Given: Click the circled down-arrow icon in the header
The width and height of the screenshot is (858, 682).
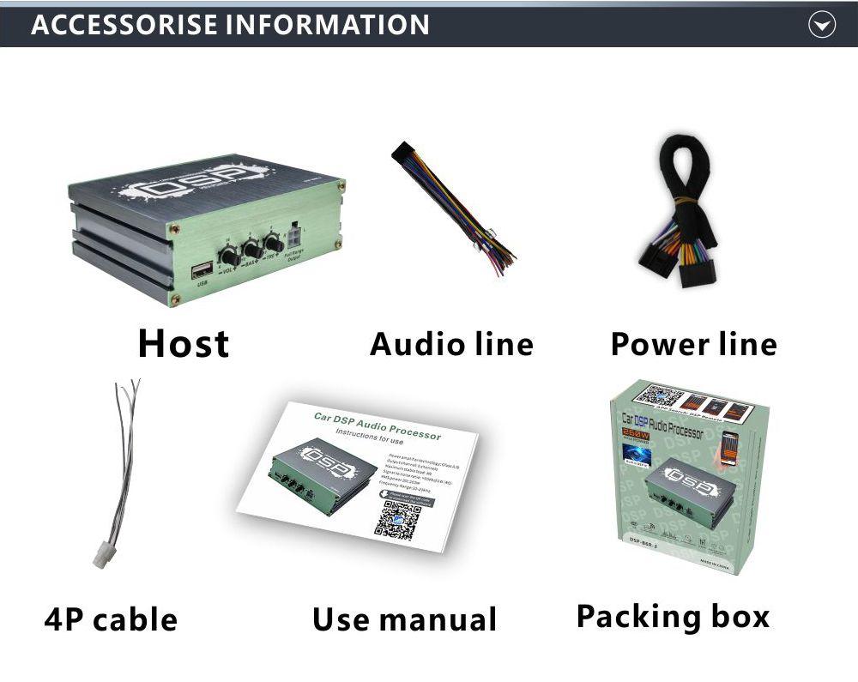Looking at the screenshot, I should coord(822,26).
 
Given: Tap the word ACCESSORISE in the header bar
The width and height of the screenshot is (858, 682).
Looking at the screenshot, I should coord(125,25).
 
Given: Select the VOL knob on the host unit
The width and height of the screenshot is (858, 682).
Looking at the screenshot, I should coord(229,256).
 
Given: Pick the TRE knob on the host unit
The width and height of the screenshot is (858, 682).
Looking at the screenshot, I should coord(274,243).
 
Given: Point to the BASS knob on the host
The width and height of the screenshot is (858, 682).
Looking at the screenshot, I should coord(252,250).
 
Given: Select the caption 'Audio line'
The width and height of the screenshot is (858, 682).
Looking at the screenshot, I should coord(451,344).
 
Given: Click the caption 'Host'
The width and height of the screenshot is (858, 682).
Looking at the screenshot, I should coord(184,344).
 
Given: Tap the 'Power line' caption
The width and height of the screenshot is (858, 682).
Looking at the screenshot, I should coord(693,344).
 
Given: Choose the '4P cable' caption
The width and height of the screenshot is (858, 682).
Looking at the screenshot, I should coord(111,619).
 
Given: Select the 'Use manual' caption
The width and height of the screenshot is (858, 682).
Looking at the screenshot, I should coord(404,619).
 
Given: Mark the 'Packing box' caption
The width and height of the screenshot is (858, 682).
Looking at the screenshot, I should coord(673,616).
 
